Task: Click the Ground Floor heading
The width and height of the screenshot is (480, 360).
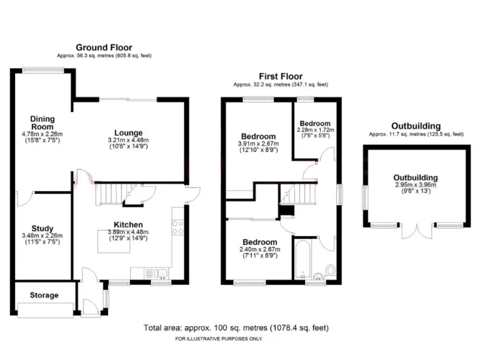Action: coord(104,47)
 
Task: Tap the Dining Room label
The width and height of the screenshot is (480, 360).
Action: coord(43,122)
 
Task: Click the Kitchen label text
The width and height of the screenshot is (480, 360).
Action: coord(128,224)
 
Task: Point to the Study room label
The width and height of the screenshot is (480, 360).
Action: coord(42,228)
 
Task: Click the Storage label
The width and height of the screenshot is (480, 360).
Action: coord(44,295)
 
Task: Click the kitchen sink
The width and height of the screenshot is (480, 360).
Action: coord(161,272)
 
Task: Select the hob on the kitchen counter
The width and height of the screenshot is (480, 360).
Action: coord(178,227)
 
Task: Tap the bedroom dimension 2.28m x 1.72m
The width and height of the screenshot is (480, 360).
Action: coord(315,130)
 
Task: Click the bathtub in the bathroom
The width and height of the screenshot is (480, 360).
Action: coord(301,258)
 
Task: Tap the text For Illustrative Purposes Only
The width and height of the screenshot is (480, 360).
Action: coord(219,339)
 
